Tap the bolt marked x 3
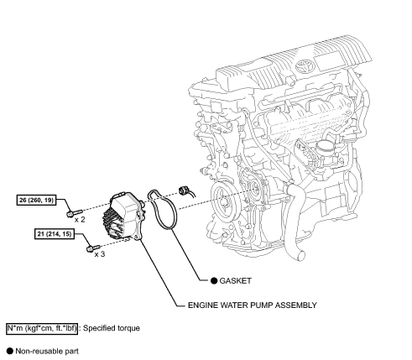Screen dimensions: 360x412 (89, 247)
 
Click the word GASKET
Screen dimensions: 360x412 (237, 280)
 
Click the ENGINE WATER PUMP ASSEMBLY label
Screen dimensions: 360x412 (253, 305)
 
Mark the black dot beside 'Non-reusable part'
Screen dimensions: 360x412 (8, 354)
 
